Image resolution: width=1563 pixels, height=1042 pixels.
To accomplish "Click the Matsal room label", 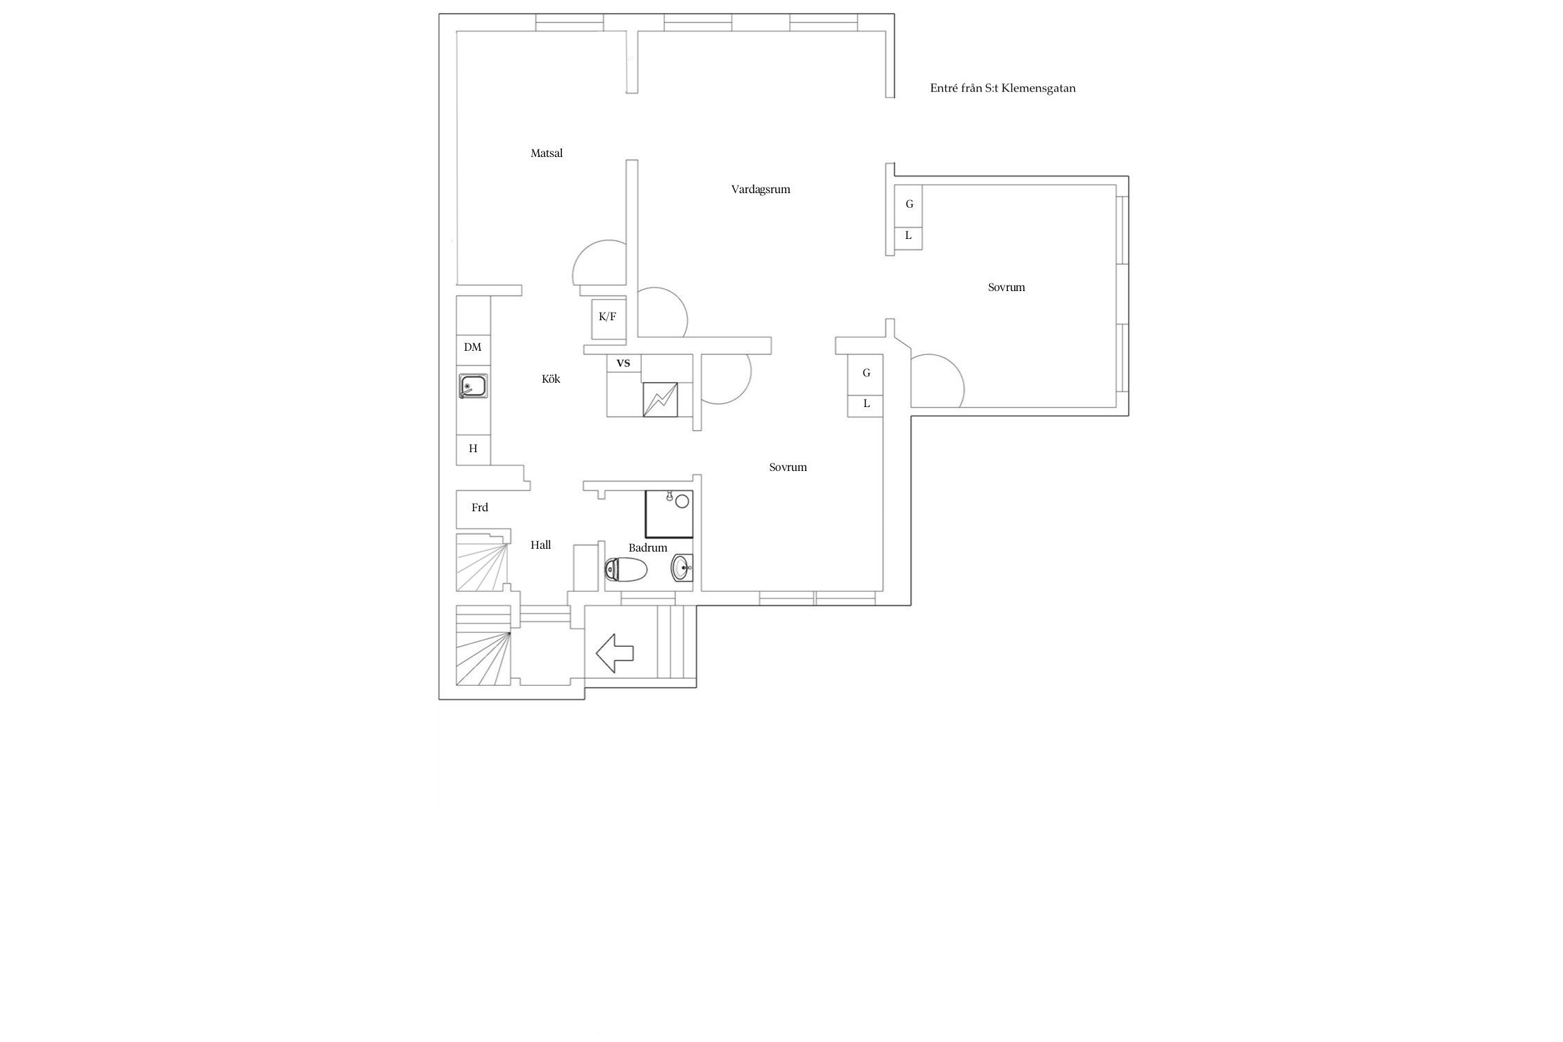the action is click(546, 154).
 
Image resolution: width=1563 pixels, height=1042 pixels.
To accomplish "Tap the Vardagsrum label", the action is click(761, 190).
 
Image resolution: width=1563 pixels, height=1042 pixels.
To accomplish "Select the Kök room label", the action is click(551, 379).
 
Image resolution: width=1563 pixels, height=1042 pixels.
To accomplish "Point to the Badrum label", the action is click(647, 548).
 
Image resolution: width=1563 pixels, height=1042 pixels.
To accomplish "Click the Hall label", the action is click(540, 545).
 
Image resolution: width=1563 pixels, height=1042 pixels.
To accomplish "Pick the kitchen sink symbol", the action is click(473, 386).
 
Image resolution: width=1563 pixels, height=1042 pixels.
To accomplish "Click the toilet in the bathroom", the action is click(626, 570).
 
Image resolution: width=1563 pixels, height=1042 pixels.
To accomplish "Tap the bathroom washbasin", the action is click(681, 568).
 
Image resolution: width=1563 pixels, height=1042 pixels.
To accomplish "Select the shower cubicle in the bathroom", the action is click(669, 514).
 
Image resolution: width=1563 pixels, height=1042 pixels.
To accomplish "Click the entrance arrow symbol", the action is click(615, 653).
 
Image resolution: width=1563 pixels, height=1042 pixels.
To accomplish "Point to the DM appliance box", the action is click(473, 347).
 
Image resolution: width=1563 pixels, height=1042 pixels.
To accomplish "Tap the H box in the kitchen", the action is click(473, 449).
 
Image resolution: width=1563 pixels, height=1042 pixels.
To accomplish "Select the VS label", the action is click(623, 363).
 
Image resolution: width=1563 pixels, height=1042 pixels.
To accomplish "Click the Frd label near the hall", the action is click(479, 508).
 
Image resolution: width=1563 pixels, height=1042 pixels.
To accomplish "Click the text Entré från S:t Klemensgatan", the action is click(1002, 88).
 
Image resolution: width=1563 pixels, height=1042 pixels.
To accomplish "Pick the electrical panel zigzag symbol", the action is click(660, 400).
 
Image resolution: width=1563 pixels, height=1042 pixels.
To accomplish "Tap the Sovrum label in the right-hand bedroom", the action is click(1006, 288).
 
